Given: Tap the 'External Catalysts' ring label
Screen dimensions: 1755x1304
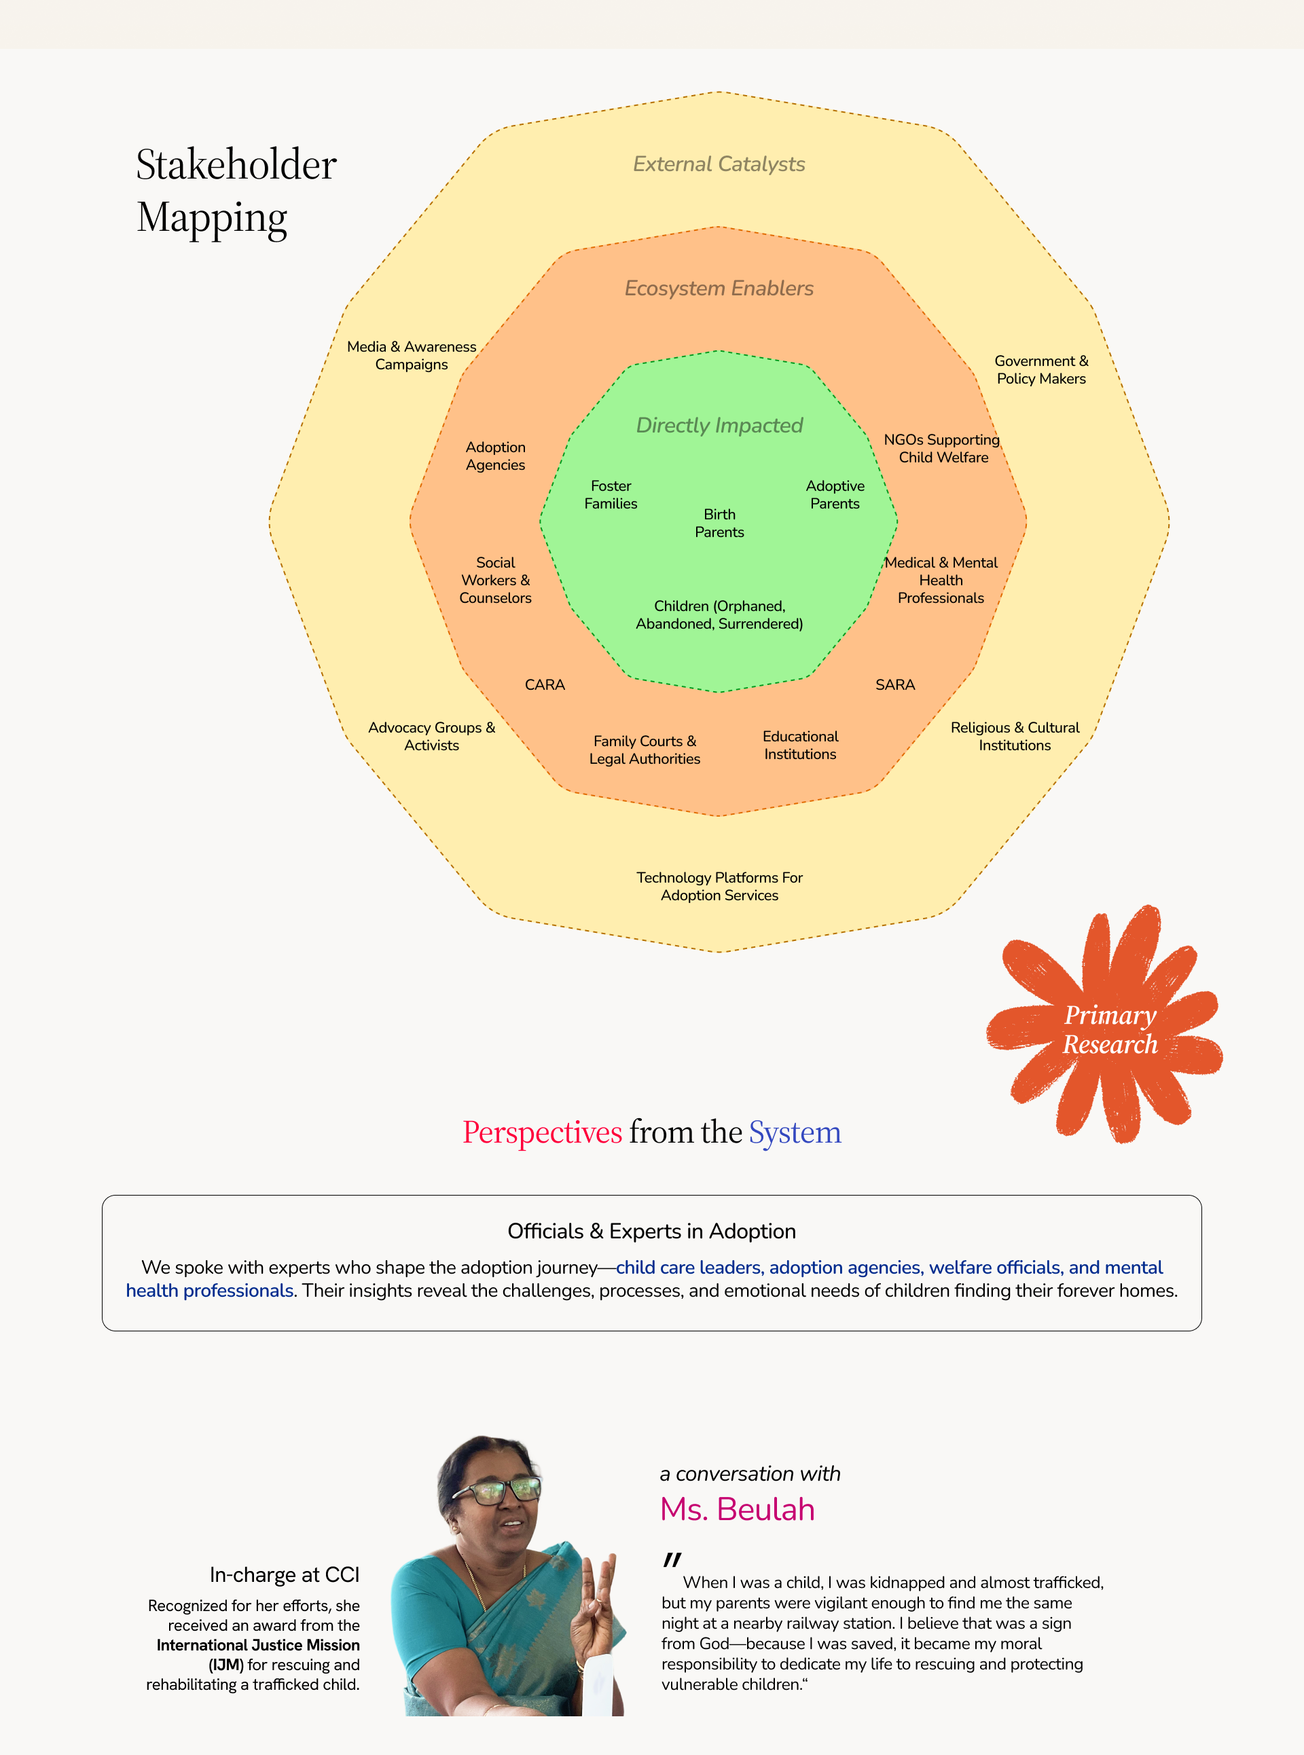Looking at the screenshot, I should [719, 164].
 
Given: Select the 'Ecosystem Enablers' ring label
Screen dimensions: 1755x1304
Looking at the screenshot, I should [719, 288].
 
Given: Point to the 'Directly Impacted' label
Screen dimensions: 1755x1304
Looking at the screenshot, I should [719, 425].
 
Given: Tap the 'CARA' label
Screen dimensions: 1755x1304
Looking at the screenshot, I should [545, 685].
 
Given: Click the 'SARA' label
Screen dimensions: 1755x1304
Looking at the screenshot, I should [894, 685].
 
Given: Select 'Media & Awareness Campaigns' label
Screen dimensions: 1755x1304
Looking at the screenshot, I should [412, 355].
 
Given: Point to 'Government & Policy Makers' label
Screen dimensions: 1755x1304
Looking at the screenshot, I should [1040, 369].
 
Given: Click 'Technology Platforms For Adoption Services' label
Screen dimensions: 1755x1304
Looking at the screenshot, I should [719, 886].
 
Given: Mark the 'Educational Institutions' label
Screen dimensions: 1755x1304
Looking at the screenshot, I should [799, 745].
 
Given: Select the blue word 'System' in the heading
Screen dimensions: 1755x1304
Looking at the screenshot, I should [794, 1132].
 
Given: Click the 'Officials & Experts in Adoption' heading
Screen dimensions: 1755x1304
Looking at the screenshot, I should [651, 1231].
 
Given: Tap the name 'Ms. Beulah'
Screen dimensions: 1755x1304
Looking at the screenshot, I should [738, 1509].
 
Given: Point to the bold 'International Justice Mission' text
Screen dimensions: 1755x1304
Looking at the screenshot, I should [257, 1644].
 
